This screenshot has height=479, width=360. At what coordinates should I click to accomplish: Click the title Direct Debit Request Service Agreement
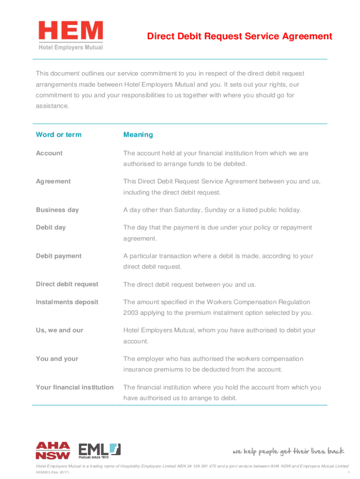pos(239,36)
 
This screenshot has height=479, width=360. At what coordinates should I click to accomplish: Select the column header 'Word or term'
pos(58,135)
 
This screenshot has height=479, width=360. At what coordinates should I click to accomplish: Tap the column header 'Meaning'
pos(138,135)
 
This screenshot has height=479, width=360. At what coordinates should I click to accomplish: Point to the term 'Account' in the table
pos(49,153)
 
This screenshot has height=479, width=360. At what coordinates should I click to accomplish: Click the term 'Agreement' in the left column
pos(53,181)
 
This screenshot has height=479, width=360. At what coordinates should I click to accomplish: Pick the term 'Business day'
pos(58,210)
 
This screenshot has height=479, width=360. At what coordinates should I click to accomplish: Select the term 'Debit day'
pos(51,227)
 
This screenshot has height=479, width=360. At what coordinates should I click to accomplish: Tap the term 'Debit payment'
pos(58,256)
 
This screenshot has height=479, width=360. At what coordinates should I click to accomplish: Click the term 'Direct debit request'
pos(67,284)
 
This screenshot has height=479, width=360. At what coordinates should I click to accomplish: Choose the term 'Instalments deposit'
pos(67,302)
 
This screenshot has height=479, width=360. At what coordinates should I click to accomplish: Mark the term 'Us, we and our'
pos(59,330)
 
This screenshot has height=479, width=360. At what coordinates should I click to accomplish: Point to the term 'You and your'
pos(57,359)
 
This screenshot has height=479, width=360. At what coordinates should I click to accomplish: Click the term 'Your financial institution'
pos(75,387)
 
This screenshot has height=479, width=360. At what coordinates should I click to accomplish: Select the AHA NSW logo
pos(53,450)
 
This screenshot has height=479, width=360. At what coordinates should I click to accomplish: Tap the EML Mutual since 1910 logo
pos(99,450)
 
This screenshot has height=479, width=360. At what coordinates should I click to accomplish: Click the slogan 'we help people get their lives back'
pos(288,451)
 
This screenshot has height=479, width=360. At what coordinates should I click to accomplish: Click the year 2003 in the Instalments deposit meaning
pos(131,313)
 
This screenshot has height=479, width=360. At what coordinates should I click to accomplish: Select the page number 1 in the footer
pos(349,472)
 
